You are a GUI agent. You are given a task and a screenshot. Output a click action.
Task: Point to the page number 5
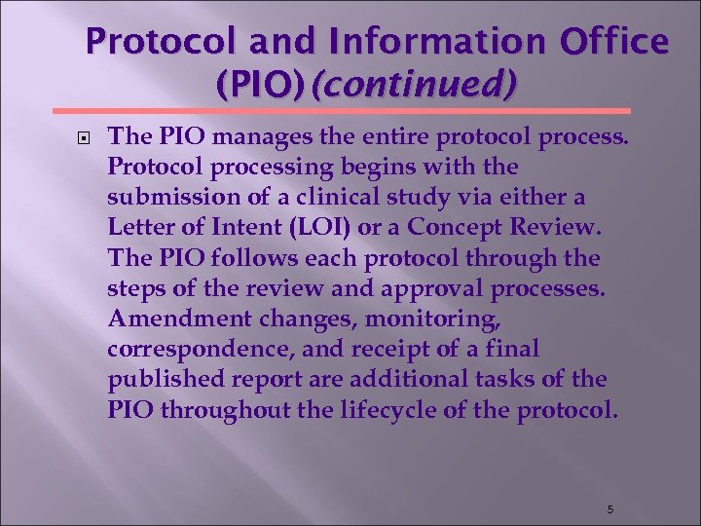(x=609, y=509)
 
